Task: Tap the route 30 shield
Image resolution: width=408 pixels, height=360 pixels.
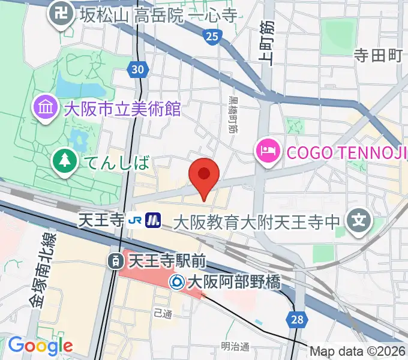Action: coord(138,70)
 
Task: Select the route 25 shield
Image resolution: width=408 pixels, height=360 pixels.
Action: coord(211,37)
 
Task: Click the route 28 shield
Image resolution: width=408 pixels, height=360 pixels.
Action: coord(298,320)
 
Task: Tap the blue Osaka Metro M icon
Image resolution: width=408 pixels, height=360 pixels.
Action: coord(154,221)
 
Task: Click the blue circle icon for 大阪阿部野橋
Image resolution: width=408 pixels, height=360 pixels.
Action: coord(176,281)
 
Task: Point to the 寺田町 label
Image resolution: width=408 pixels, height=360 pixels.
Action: coord(377,56)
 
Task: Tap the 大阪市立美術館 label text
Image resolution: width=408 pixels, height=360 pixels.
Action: coord(122,109)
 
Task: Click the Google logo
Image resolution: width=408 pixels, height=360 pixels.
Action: coord(40,346)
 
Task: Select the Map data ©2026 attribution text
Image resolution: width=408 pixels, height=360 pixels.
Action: coord(358,352)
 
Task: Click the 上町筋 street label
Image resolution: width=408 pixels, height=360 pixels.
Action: coord(266,42)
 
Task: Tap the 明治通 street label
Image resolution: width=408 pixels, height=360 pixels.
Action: coord(235,347)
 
